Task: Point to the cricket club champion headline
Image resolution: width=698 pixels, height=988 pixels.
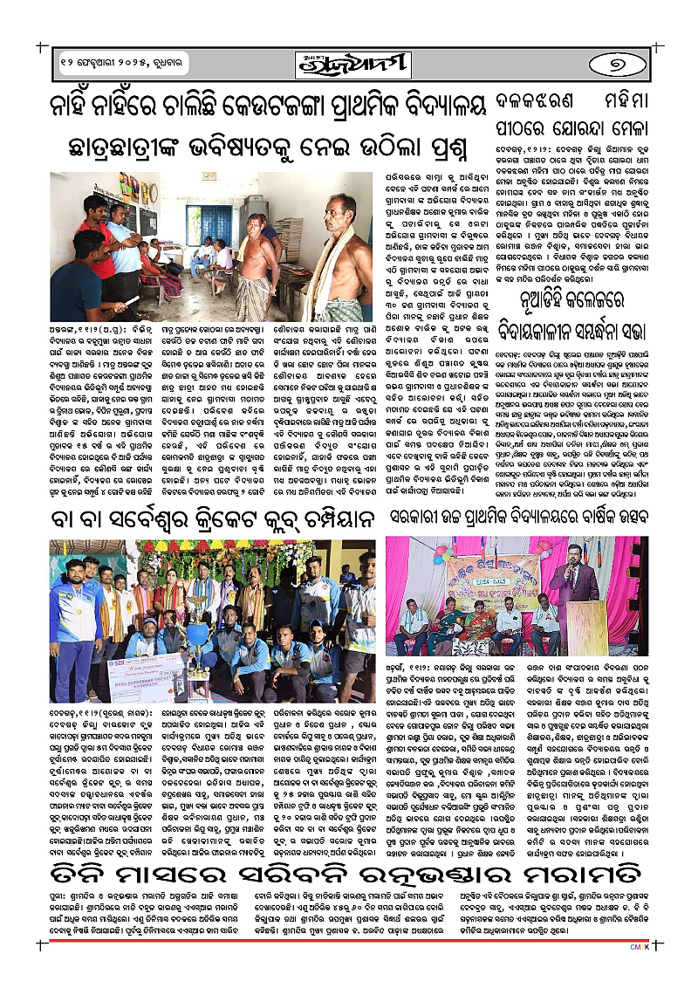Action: (205, 520)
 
